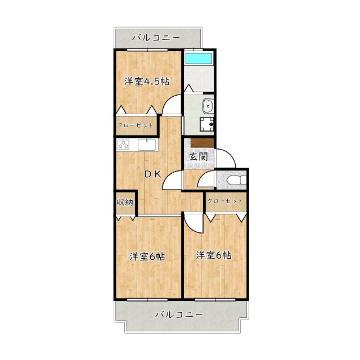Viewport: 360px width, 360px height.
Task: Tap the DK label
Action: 152,174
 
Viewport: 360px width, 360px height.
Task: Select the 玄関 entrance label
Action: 197,157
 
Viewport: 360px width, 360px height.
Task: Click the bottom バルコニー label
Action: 178,314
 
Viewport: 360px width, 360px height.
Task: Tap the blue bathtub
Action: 200,58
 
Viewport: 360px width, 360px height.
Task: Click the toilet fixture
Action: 236,180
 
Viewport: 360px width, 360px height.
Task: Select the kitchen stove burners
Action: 123,145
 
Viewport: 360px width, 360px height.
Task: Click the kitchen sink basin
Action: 146,145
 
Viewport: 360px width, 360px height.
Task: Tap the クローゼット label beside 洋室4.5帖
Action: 135,124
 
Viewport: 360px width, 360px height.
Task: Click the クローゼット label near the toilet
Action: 226,201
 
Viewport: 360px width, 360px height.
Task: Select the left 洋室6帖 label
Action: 147,256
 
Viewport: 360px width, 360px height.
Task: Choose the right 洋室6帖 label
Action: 214,255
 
